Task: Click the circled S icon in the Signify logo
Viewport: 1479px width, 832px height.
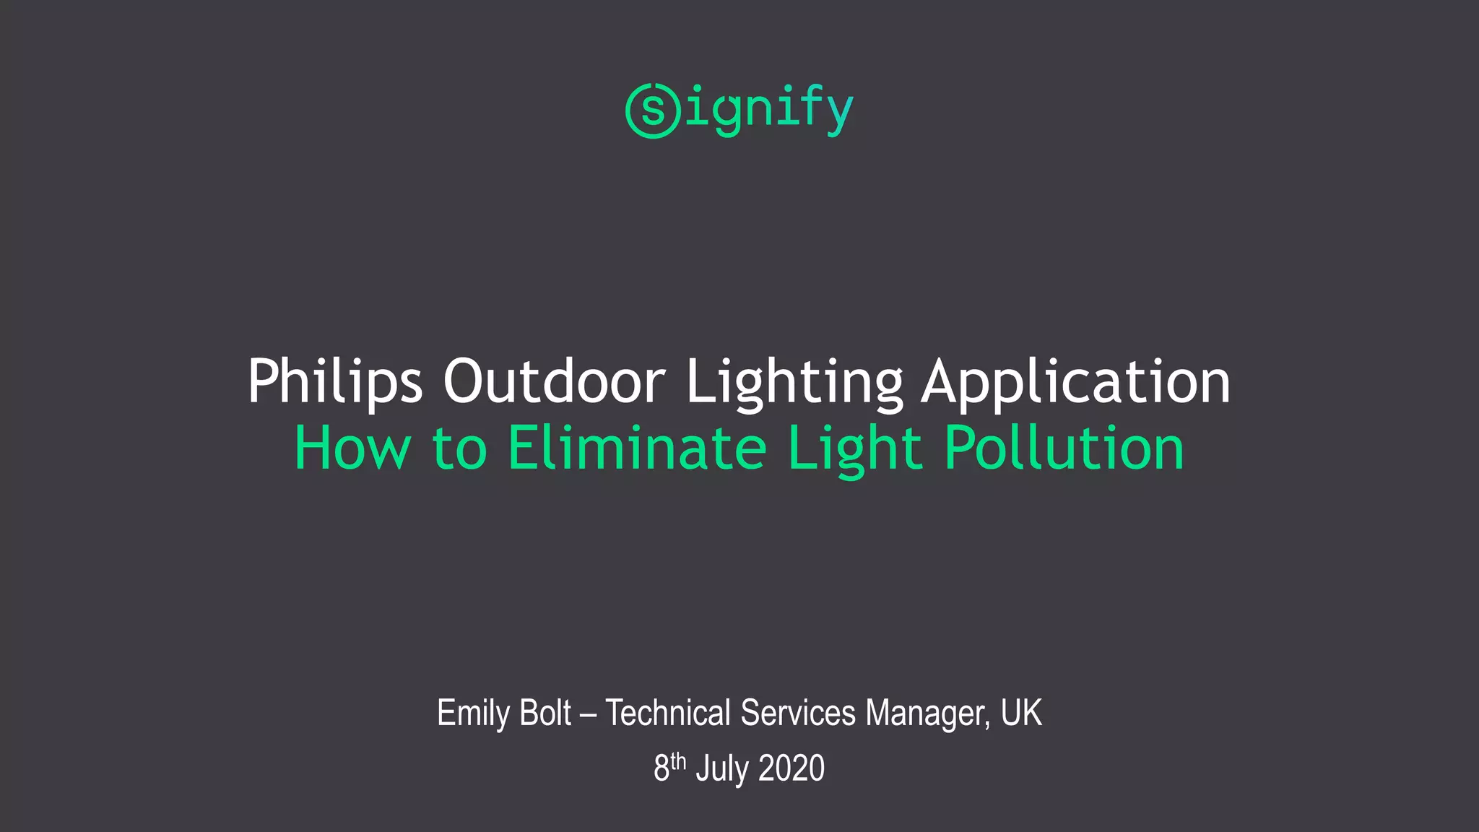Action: tap(653, 110)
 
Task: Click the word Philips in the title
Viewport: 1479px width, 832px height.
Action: tap(334, 381)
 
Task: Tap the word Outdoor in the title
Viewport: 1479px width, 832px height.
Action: tap(554, 381)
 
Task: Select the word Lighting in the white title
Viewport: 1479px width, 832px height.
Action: tap(794, 381)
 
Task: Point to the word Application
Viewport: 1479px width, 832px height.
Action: tap(1076, 381)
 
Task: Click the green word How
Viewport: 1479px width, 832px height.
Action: tap(352, 448)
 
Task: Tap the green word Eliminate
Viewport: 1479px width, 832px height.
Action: tap(637, 448)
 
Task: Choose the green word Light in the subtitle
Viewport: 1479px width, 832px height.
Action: tap(855, 448)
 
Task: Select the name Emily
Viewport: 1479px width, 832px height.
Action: tap(473, 714)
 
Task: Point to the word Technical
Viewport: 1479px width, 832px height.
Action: tap(668, 714)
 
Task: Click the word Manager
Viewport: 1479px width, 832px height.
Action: tap(927, 714)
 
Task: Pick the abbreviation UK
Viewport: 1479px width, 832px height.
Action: tap(1021, 714)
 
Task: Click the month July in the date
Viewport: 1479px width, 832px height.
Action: tap(722, 768)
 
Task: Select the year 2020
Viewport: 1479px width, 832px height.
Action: tap(791, 768)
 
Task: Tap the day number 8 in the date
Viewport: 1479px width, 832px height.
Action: tap(662, 768)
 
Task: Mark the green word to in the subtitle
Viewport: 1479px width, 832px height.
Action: tap(459, 448)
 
